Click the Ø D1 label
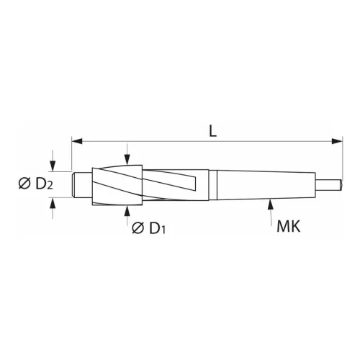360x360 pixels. pos(152,229)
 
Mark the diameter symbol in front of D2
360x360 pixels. pos(22,184)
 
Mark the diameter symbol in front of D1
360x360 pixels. pos(138,229)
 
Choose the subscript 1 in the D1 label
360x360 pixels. pos(165,232)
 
